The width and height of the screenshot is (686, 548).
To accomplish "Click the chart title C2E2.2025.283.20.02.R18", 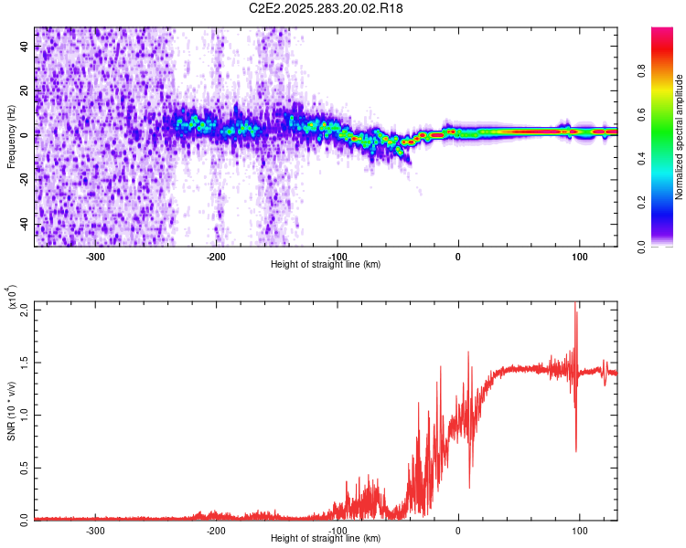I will (327, 8).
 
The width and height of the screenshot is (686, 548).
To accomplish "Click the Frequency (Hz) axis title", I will (11, 137).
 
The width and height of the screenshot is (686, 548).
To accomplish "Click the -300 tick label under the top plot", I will (95, 256).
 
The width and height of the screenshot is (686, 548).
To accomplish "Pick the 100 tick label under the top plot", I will (579, 256).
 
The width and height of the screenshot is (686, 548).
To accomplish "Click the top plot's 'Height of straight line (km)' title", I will (326, 265).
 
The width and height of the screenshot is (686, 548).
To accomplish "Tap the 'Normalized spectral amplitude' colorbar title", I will (679, 137).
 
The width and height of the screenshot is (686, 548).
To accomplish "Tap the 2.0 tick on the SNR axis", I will (25, 310).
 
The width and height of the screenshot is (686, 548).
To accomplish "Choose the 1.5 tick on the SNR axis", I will (25, 363).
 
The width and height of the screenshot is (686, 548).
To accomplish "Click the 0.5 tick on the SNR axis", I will (25, 468).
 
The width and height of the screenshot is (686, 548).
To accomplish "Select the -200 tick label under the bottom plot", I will (216, 530).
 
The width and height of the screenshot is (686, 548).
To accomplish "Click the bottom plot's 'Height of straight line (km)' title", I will (326, 539).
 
